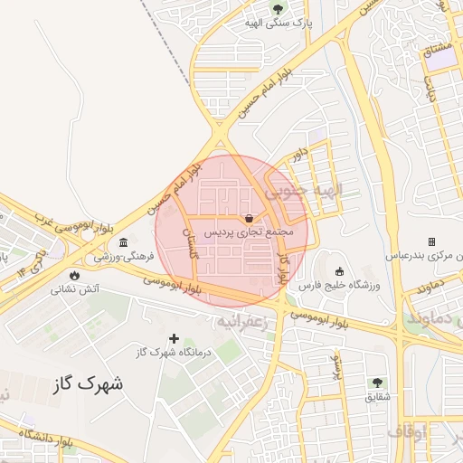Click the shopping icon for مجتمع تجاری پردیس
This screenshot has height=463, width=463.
249,218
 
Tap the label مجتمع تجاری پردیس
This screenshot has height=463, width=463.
249,232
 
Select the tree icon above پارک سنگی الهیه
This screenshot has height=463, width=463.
277,10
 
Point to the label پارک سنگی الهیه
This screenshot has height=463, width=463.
277,24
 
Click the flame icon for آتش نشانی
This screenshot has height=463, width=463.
73,275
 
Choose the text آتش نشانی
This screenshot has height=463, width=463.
73,289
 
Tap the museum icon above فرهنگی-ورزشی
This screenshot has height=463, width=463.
123,242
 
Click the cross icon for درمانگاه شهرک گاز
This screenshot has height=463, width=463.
174,338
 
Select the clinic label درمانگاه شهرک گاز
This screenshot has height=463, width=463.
174,353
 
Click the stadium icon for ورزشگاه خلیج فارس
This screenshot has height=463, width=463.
339,271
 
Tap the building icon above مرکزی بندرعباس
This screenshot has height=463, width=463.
431,241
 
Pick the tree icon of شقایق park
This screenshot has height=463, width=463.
377,383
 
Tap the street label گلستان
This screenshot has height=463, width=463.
191,244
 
